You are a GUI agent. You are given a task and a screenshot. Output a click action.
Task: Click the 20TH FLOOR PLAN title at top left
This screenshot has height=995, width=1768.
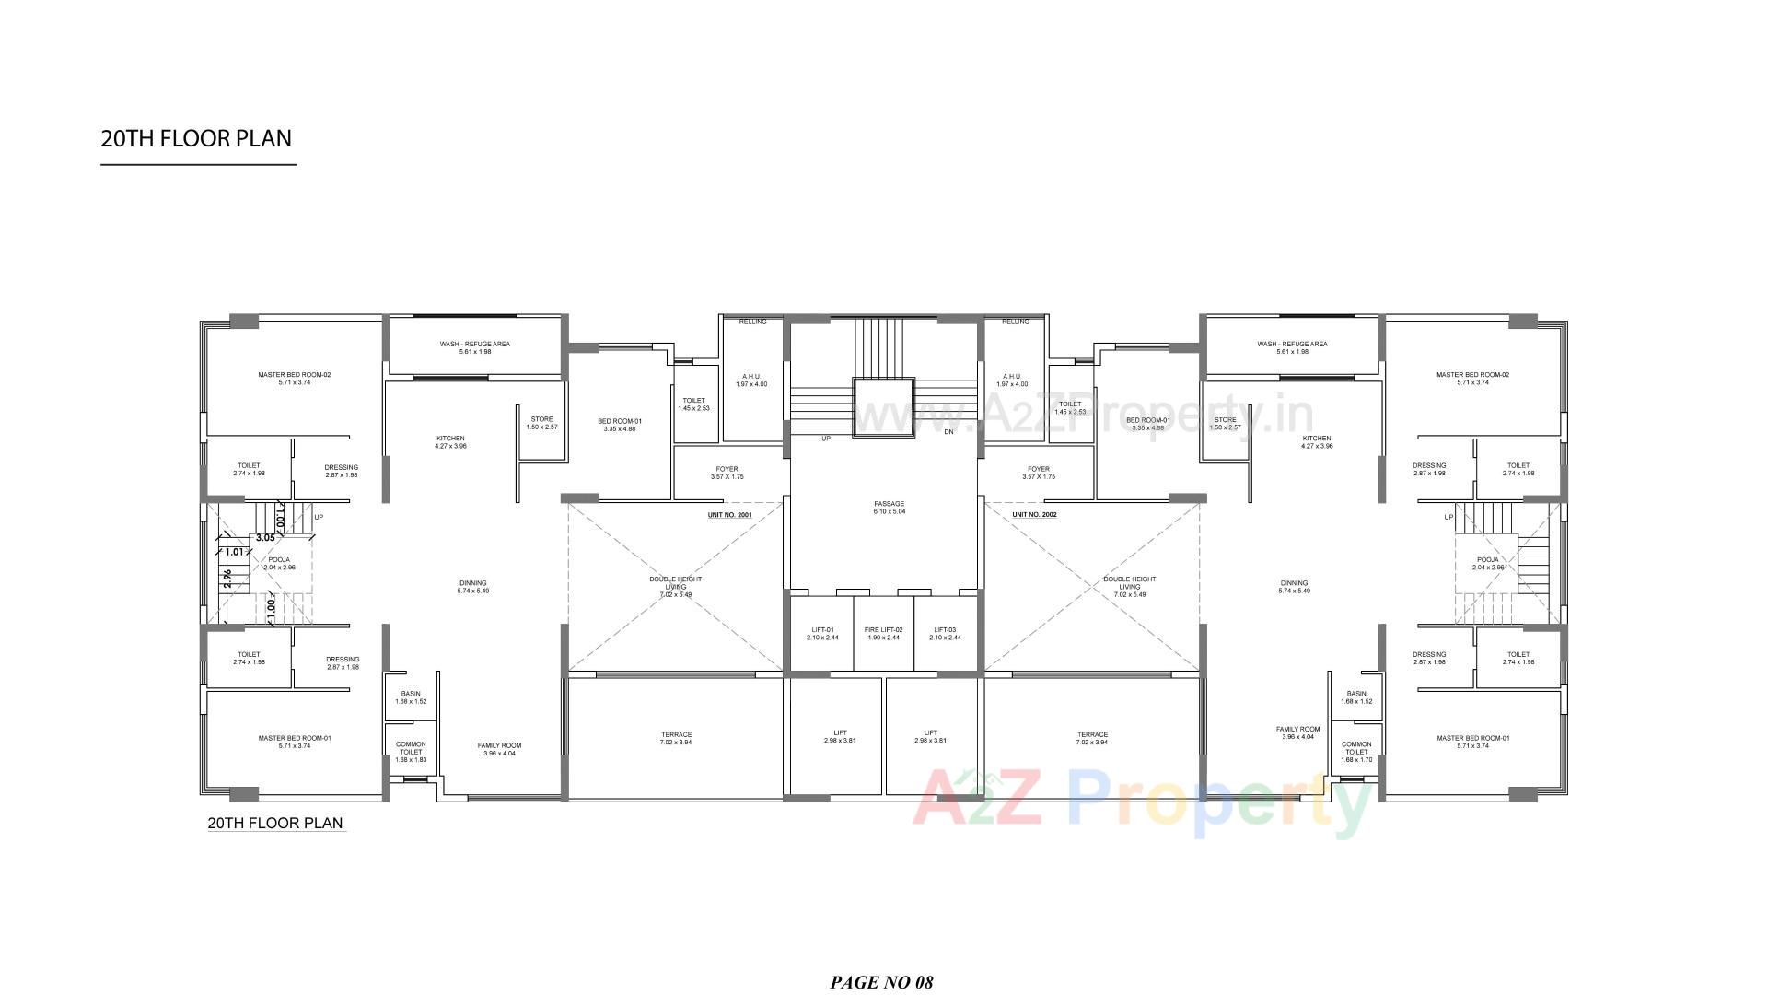pyautogui.click(x=196, y=139)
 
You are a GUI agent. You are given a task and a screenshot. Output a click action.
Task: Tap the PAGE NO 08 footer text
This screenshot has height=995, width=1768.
pyautogui.click(x=881, y=982)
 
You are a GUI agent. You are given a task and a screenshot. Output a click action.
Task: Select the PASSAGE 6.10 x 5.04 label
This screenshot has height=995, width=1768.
pyautogui.click(x=890, y=508)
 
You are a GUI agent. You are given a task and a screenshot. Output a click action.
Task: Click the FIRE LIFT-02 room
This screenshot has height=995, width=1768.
pyautogui.click(x=883, y=633)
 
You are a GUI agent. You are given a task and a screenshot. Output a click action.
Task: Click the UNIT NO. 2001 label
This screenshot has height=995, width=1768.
pyautogui.click(x=729, y=515)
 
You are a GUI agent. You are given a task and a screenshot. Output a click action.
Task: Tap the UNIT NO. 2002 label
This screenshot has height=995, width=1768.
pyautogui.click(x=1034, y=515)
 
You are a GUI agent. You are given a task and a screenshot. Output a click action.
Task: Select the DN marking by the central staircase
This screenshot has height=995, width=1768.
pyautogui.click(x=948, y=431)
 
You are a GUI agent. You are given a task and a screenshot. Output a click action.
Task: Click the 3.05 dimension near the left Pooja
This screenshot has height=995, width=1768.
pyautogui.click(x=265, y=537)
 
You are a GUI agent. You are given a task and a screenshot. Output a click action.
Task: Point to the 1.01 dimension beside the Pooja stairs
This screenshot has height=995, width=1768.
pyautogui.click(x=235, y=553)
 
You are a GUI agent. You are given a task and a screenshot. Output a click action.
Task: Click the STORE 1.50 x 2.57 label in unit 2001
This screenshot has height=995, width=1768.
pyautogui.click(x=541, y=423)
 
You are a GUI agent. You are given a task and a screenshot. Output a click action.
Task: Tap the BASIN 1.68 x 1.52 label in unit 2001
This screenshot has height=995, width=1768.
pyautogui.click(x=411, y=697)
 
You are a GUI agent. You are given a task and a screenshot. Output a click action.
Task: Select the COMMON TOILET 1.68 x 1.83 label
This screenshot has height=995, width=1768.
pyautogui.click(x=411, y=752)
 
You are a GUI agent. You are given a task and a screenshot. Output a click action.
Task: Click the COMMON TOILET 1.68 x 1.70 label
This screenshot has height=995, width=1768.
pyautogui.click(x=1356, y=752)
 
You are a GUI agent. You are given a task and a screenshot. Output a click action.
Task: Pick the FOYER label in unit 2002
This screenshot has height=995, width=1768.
pyautogui.click(x=1039, y=473)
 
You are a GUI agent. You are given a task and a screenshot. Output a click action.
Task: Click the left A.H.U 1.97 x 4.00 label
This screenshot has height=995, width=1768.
pyautogui.click(x=751, y=380)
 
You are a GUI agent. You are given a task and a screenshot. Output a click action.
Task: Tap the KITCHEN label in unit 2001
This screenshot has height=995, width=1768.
pyautogui.click(x=450, y=442)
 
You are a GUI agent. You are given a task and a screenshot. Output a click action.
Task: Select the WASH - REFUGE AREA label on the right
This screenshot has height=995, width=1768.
pyautogui.click(x=1292, y=347)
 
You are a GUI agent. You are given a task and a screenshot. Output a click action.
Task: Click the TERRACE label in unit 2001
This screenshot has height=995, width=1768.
pyautogui.click(x=676, y=738)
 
